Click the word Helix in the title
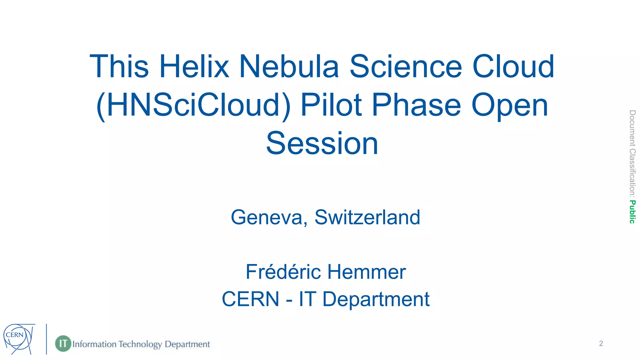194,67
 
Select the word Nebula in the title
289,67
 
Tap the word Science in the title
405,67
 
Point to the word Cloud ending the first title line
513,67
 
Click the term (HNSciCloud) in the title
193,106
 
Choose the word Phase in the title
416,105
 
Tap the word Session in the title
322,143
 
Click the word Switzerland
367,217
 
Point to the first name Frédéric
283,272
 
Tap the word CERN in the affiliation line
250,299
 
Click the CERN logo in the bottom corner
18,339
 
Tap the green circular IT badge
63,343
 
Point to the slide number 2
601,343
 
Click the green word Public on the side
632,212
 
